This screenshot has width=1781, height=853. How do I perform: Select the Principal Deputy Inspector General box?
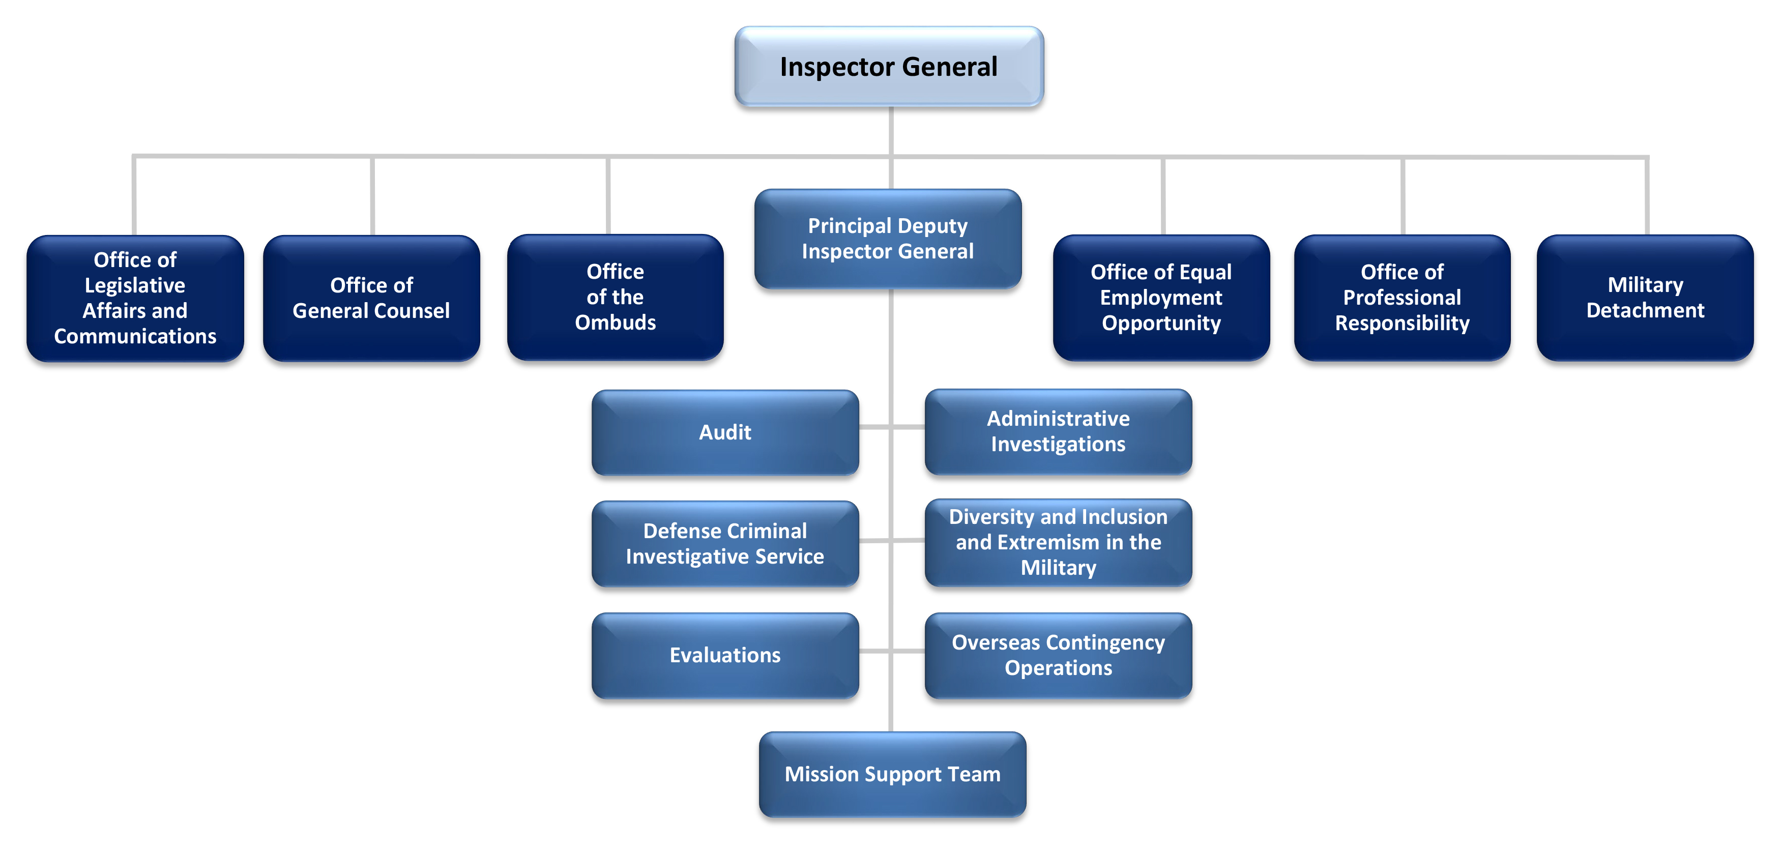tap(888, 239)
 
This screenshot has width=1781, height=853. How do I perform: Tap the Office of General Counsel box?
tap(371, 298)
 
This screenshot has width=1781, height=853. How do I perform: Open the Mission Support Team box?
tap(892, 774)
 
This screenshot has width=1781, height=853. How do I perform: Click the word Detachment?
tap(1646, 310)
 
